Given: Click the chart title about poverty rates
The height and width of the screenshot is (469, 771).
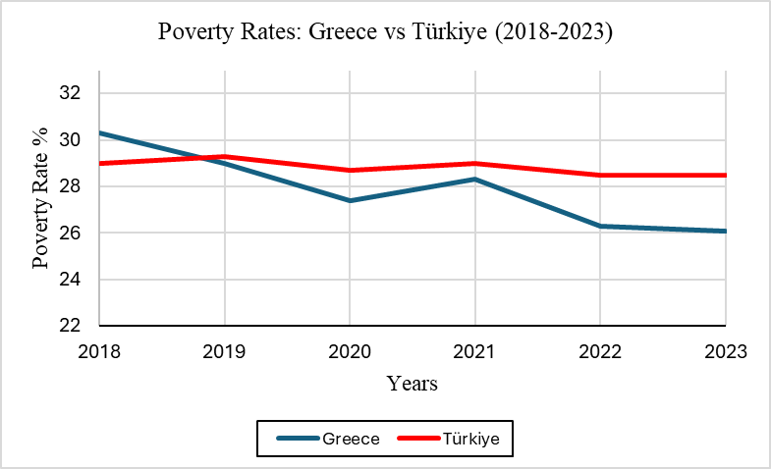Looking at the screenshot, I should coord(385,32).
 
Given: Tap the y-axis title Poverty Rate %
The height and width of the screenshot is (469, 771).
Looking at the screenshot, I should coord(42,199).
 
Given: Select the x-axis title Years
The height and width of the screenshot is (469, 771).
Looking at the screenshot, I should coord(412,383).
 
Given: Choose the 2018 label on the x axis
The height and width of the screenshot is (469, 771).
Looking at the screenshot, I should coord(100,351).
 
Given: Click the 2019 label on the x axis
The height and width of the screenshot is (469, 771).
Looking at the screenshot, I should coord(225,351).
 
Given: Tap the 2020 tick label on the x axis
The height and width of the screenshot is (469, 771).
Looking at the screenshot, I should coord(350,351).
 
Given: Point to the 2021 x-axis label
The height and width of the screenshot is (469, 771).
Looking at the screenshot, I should coord(475,351).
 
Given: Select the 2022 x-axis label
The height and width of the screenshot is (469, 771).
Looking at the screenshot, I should coord(600,351).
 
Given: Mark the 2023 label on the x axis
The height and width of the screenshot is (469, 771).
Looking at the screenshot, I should coord(725,351).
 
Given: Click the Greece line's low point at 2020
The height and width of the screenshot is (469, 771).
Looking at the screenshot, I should coord(350,200).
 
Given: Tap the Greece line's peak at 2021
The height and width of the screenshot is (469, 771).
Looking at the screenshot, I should coord(475,180).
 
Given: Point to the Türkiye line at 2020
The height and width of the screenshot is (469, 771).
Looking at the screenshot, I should coord(350,170).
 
